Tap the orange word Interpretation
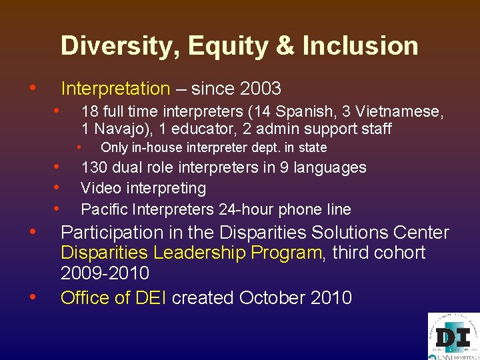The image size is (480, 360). pos(115,89)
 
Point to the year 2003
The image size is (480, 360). pos(260,89)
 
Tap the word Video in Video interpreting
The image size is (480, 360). pos(99,188)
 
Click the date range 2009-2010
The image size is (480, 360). pos(105,273)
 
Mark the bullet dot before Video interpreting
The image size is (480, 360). pos(58,187)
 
